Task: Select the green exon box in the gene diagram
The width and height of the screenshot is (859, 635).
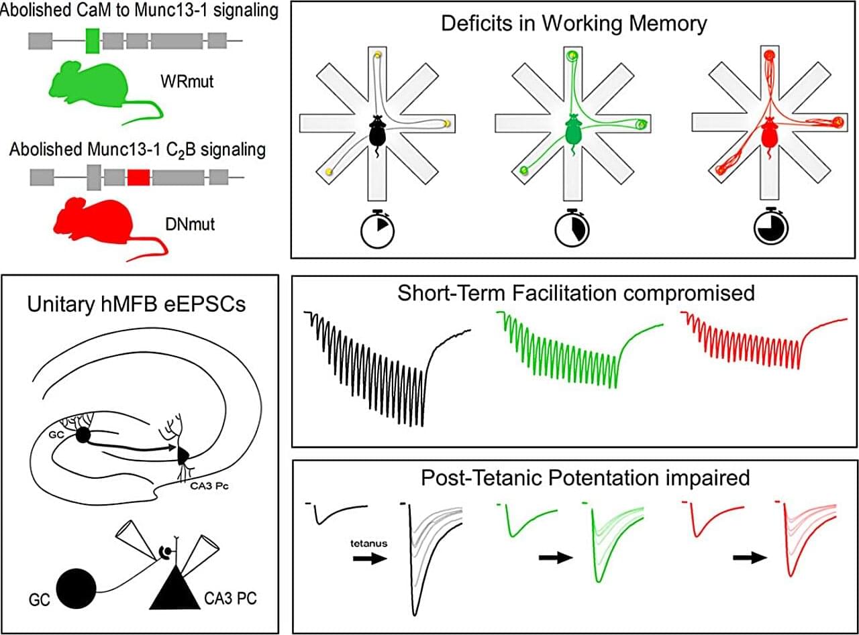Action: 93,41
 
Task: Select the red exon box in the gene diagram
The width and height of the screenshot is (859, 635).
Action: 138,177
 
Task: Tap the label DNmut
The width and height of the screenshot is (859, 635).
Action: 190,223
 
